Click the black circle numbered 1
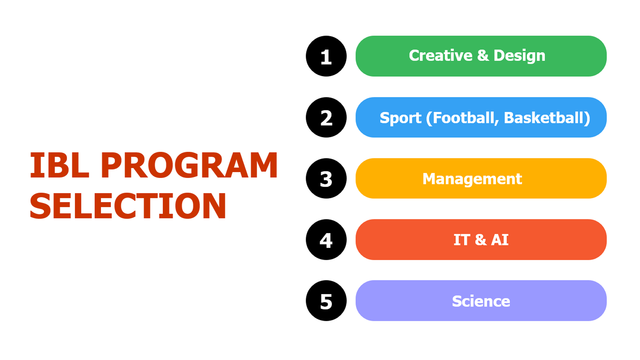pos(326,56)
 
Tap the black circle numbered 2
pos(326,117)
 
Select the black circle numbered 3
pos(326,178)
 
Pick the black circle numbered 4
pos(326,240)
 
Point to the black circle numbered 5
pos(326,301)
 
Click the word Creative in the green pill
pos(441,55)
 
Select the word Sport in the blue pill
pos(400,118)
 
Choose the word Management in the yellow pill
pos(472,179)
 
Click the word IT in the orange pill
pos(462,240)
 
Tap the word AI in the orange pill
pos(500,240)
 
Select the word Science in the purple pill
pos(481,301)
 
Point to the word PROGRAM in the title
pos(189,165)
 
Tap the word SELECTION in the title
pos(128,206)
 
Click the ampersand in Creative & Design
pos(483,55)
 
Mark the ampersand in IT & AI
pos(480,240)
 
